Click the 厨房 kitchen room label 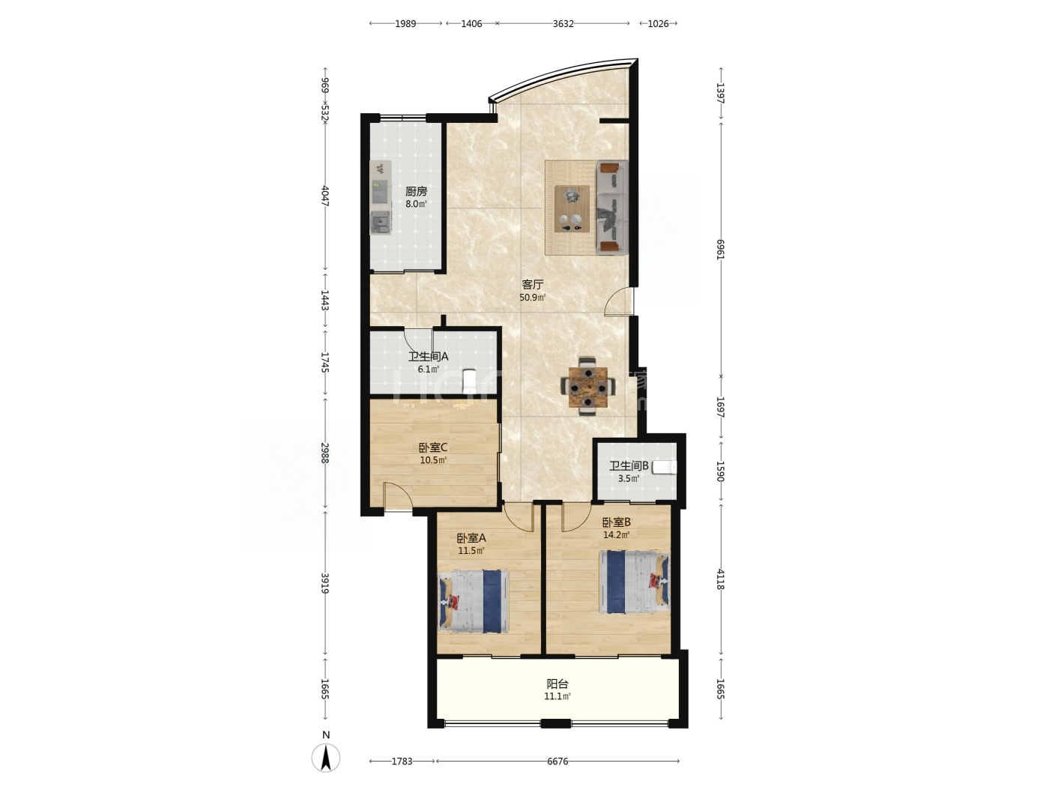coord(416,192)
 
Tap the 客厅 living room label coord(533,285)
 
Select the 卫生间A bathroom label coord(428,357)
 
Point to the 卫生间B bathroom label coord(629,466)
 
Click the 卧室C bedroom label coord(433,447)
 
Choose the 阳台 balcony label coord(557,684)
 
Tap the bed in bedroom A coord(474,601)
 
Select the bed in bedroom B coord(635,582)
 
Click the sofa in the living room coord(611,207)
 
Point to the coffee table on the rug coord(572,209)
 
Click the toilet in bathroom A coord(470,380)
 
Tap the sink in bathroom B coord(665,467)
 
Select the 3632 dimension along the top coord(563,23)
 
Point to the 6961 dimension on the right coord(720,249)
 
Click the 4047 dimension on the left coord(325,196)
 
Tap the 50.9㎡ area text coord(533,298)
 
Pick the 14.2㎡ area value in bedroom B coord(616,534)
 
